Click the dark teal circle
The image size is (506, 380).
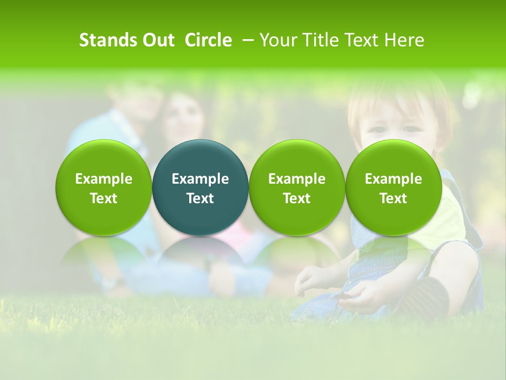click(200, 187)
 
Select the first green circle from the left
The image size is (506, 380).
click(104, 187)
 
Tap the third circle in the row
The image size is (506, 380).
click(297, 187)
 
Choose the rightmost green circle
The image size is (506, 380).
click(394, 187)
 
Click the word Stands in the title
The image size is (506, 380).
click(108, 40)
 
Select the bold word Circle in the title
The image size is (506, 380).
click(208, 40)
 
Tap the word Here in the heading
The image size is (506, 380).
click(404, 40)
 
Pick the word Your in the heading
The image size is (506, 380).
click(278, 40)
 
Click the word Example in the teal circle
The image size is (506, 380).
click(200, 179)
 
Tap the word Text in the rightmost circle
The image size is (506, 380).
click(394, 198)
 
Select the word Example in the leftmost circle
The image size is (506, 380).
click(104, 179)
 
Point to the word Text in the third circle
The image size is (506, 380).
click(297, 198)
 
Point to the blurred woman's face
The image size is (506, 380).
click(182, 119)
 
